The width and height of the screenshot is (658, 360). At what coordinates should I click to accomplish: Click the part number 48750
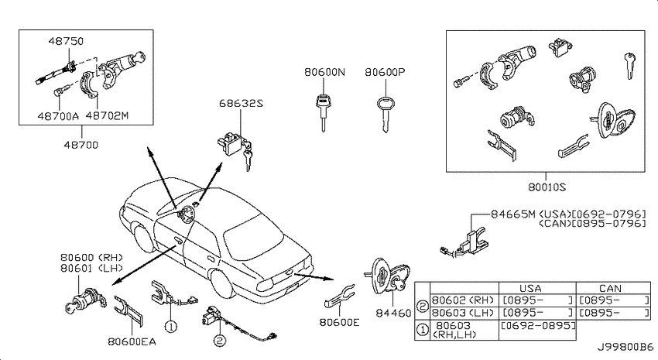pyautogui.click(x=66, y=41)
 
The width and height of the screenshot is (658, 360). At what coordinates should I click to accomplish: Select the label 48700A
pyautogui.click(x=58, y=116)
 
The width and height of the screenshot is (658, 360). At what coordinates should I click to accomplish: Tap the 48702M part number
pyautogui.click(x=107, y=116)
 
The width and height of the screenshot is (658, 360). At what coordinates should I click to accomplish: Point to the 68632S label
pyautogui.click(x=241, y=103)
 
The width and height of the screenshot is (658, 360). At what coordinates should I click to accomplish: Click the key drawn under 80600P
pyautogui.click(x=386, y=114)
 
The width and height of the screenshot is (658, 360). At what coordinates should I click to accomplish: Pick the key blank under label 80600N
pyautogui.click(x=323, y=112)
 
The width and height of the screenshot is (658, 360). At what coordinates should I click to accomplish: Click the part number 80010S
pyautogui.click(x=547, y=187)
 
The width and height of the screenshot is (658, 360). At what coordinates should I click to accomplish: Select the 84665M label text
pyautogui.click(x=513, y=214)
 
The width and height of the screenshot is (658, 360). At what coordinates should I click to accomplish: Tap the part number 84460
pyautogui.click(x=393, y=313)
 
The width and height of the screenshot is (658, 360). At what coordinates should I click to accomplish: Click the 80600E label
pyautogui.click(x=340, y=322)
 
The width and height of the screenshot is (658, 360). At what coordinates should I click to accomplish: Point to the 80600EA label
pyautogui.click(x=132, y=342)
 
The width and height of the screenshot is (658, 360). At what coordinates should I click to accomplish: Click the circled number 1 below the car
pyautogui.click(x=171, y=326)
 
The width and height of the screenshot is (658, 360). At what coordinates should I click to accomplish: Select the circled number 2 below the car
pyautogui.click(x=220, y=341)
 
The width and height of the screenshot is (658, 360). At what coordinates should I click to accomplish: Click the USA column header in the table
pyautogui.click(x=530, y=289)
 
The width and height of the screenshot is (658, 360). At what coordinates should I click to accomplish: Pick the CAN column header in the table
pyautogui.click(x=610, y=289)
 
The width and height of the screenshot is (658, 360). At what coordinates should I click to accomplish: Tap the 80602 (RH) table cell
pyautogui.click(x=463, y=300)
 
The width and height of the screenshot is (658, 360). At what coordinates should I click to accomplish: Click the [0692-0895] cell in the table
pyautogui.click(x=539, y=326)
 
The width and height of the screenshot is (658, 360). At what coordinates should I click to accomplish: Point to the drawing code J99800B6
pyautogui.click(x=625, y=348)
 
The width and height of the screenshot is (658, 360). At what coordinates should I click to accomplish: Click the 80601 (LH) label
pyautogui.click(x=91, y=268)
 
